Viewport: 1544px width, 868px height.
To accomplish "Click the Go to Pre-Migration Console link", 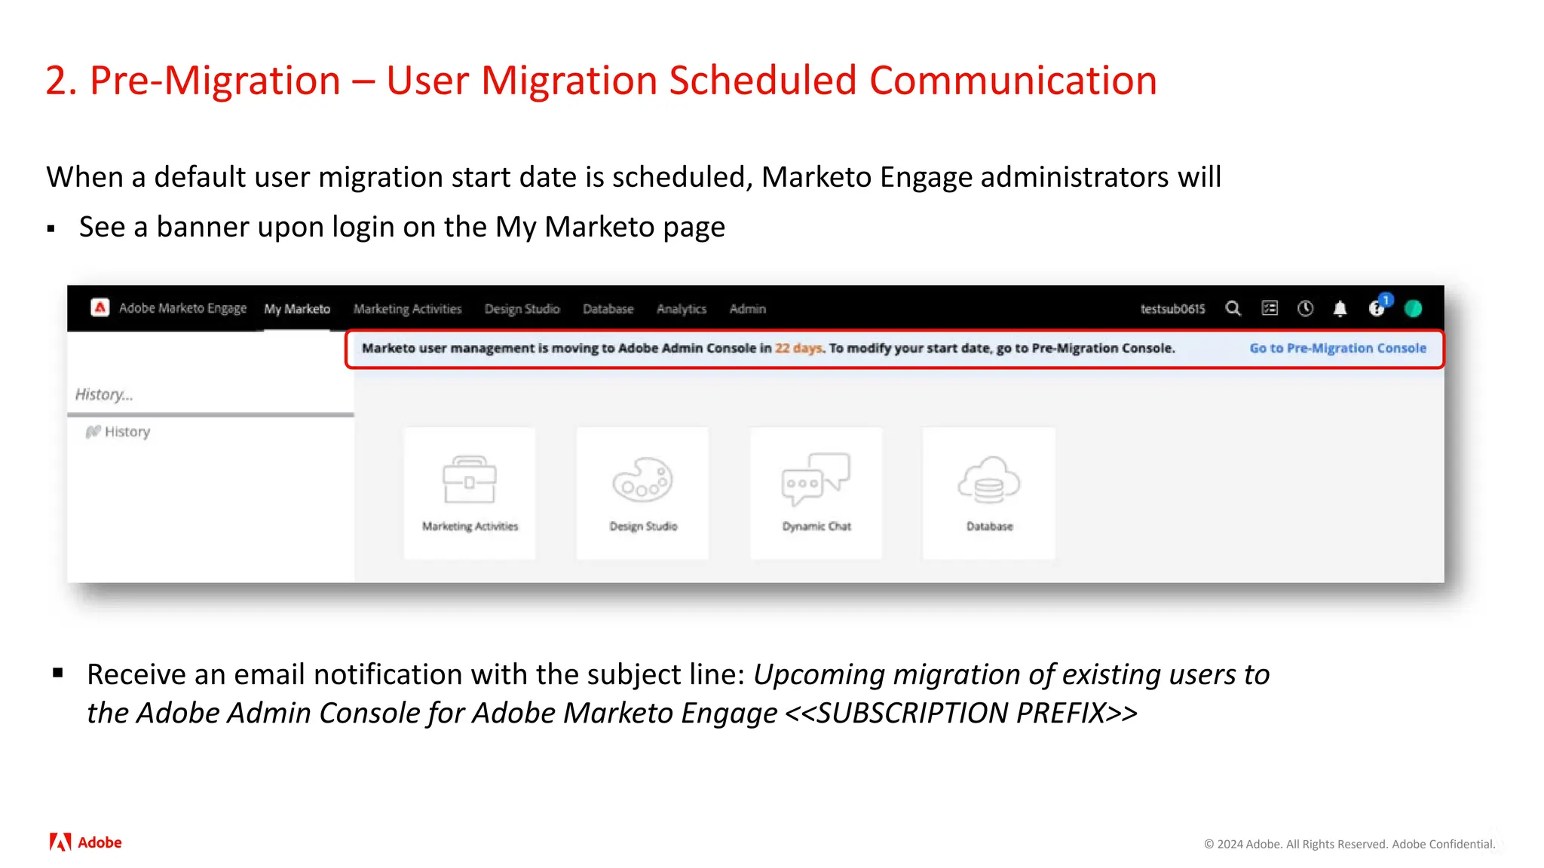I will click(x=1337, y=348).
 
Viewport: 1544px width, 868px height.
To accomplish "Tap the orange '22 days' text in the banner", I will click(x=798, y=348).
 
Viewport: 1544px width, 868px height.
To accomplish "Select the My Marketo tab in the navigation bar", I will click(x=297, y=309).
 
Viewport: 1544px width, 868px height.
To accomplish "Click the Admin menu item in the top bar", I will click(x=747, y=309).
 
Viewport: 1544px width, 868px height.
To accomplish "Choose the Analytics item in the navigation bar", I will click(x=681, y=309).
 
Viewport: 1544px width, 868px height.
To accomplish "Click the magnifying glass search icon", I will click(x=1233, y=308).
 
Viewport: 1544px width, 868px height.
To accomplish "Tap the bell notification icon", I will click(x=1340, y=308).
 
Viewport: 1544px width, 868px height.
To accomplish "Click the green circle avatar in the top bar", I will click(x=1413, y=308).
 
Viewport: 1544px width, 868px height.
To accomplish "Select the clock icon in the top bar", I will click(x=1305, y=308).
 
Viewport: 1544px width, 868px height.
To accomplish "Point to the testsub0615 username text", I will click(x=1172, y=309).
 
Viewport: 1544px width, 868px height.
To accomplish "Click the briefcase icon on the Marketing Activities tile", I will click(x=469, y=479).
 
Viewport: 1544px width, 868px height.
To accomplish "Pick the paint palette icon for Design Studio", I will click(x=642, y=479).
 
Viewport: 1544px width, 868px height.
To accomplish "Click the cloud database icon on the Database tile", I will click(x=988, y=479).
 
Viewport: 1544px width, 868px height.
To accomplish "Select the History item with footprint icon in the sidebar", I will click(x=118, y=432).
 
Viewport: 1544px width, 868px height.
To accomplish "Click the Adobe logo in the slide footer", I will click(x=85, y=842).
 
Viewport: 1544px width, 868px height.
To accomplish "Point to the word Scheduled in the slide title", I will click(x=762, y=81).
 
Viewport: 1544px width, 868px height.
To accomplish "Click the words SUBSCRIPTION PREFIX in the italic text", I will click(x=960, y=713).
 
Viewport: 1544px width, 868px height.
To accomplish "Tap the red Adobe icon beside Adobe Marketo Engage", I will click(x=100, y=307).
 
